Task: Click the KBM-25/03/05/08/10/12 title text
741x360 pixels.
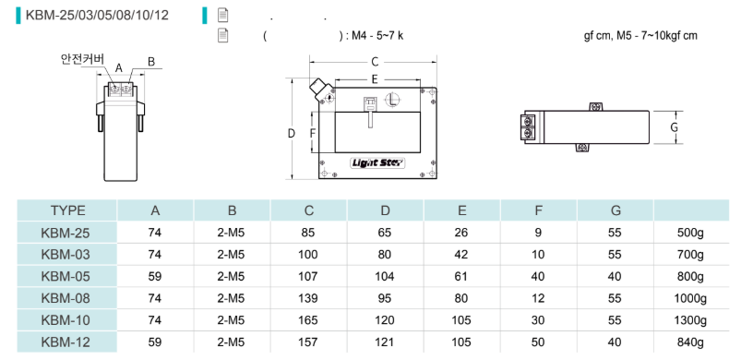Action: [x=97, y=16]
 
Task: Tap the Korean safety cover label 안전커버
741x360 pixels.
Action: [x=82, y=59]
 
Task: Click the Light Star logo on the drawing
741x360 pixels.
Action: [x=377, y=163]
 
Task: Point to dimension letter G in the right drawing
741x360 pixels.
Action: [x=675, y=127]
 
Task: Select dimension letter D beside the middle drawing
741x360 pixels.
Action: [x=291, y=134]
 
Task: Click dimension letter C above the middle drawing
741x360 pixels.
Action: [x=375, y=62]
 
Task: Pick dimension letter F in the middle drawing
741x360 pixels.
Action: [x=313, y=134]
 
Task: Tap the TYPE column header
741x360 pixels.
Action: [x=68, y=210]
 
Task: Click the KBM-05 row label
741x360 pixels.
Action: [x=66, y=276]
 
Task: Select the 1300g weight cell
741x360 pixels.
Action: [x=690, y=320]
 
